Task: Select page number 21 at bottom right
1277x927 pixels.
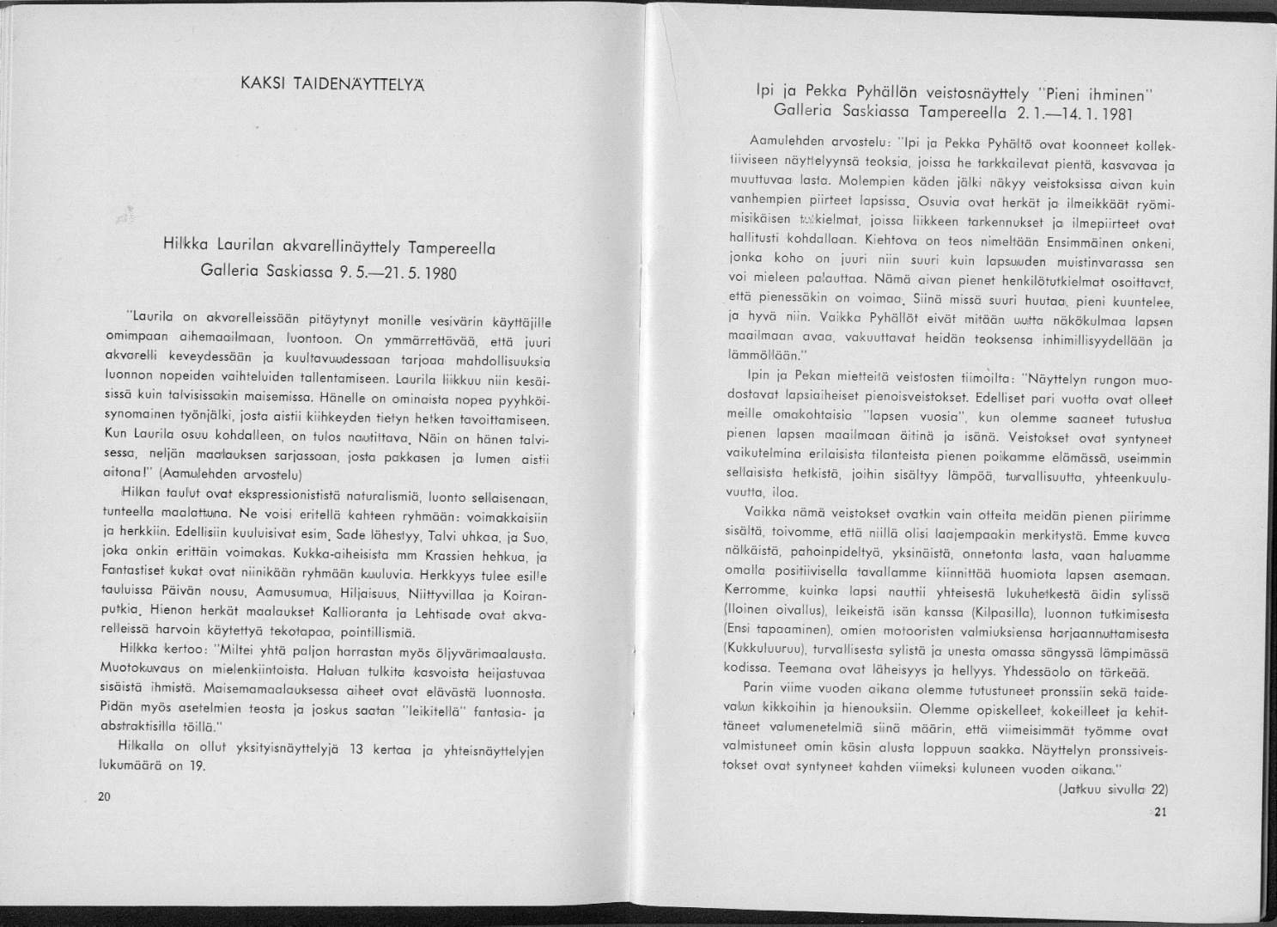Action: [x=1160, y=814]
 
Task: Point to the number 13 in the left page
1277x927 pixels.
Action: [x=358, y=747]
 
